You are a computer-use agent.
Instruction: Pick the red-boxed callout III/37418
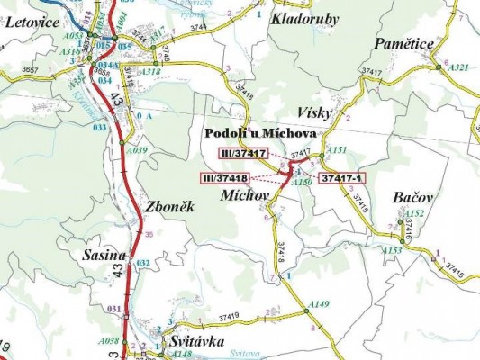(227, 178)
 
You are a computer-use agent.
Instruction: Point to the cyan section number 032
(142, 263)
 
